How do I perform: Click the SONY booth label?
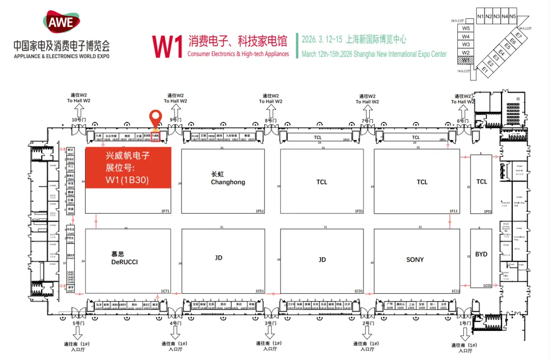coord(415,260)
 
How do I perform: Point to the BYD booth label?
coord(481,254)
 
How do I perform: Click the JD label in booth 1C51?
coord(218,258)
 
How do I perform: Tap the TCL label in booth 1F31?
coord(321,182)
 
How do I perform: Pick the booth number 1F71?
coord(165,211)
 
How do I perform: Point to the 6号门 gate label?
coord(462,121)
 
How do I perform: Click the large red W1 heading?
coord(168,47)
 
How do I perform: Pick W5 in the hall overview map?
coord(465,28)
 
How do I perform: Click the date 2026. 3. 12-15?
coord(322,39)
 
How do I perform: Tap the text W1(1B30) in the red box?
coord(127,180)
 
